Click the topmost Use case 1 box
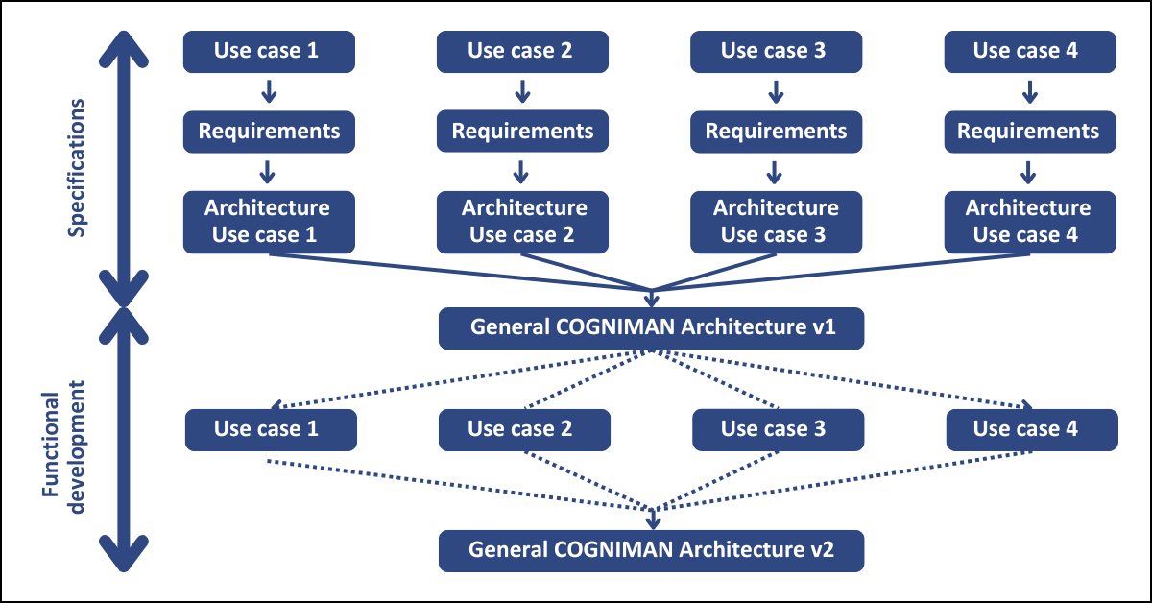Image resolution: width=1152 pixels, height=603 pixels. [x=269, y=52]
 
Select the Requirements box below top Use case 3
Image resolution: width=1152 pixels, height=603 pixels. [x=776, y=132]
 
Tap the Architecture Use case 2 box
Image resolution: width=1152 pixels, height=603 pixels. [x=522, y=222]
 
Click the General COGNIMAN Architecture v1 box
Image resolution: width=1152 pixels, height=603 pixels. [x=651, y=328]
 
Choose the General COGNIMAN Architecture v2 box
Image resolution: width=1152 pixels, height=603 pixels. [x=651, y=551]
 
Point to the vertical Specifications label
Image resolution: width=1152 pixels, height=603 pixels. [x=76, y=168]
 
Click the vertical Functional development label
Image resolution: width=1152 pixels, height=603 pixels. [x=63, y=447]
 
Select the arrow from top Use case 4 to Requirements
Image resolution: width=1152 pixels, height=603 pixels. [x=1029, y=91]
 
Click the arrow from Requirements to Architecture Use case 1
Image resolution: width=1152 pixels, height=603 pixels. [x=267, y=172]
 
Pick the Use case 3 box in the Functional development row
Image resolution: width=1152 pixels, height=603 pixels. [x=779, y=430]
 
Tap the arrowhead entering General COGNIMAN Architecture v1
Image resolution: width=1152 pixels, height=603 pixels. [x=652, y=300]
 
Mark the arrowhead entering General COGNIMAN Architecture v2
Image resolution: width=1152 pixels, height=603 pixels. [x=653, y=520]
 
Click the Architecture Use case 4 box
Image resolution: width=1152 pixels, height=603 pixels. [x=1030, y=222]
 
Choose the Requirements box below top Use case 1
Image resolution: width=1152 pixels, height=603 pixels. [x=269, y=132]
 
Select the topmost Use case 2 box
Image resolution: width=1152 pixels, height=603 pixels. [x=522, y=52]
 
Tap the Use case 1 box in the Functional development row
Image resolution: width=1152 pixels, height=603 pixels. [x=271, y=430]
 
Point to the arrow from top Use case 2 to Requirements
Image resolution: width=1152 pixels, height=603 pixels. [x=522, y=91]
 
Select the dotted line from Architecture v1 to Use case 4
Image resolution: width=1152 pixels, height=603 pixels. [x=844, y=379]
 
